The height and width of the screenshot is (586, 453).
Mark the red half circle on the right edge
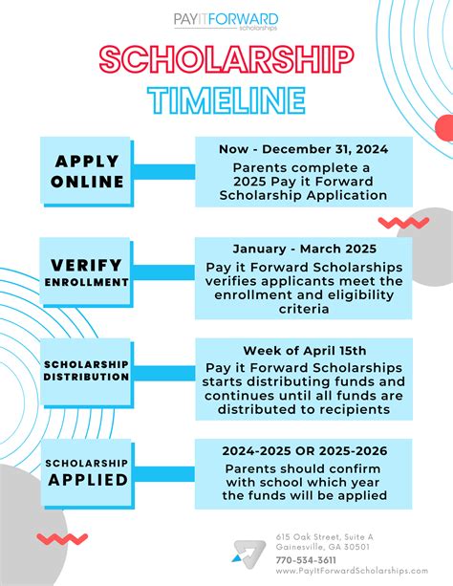tap(444, 127)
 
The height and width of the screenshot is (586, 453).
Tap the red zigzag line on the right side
tap(402, 223)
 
